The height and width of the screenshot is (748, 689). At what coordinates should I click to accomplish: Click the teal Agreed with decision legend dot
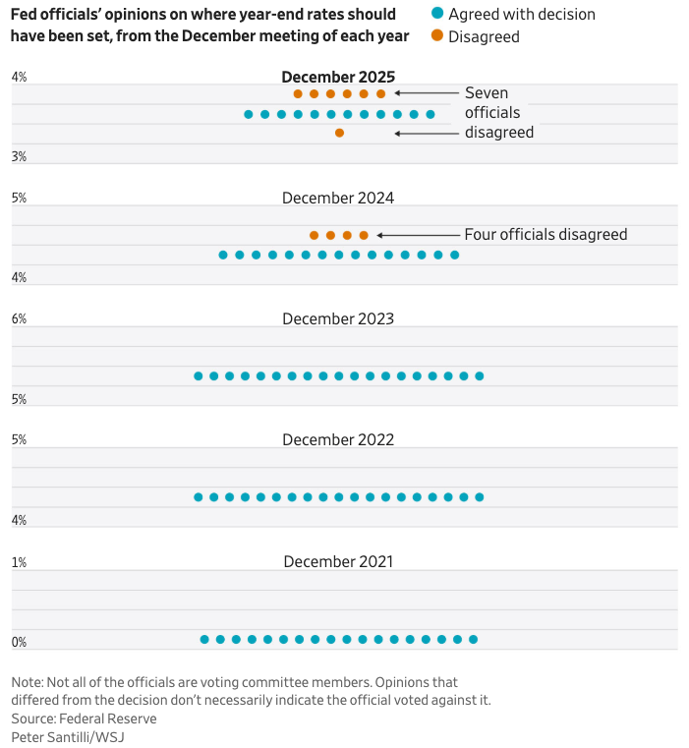[437, 14]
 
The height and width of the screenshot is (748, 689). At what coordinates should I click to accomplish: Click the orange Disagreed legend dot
[437, 36]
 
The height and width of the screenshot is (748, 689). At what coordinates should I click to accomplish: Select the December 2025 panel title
[338, 77]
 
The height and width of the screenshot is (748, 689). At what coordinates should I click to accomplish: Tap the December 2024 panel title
[338, 198]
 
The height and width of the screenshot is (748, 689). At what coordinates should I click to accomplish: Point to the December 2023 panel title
[338, 318]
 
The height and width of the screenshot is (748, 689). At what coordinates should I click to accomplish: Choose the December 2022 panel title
[338, 439]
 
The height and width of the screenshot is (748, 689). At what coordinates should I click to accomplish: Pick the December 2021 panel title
[338, 561]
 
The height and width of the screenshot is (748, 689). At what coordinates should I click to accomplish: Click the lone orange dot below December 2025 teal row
[339, 133]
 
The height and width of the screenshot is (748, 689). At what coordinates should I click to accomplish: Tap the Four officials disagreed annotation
[545, 235]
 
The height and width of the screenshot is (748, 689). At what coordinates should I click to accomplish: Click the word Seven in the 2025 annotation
[487, 93]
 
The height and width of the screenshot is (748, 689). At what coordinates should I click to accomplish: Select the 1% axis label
[19, 562]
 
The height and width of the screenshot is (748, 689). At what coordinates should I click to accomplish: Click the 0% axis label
[19, 643]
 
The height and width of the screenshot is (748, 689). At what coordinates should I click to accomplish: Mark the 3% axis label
[19, 157]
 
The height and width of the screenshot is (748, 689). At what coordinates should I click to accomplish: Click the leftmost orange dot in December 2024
[314, 235]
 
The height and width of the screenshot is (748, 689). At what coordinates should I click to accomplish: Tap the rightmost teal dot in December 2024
[454, 255]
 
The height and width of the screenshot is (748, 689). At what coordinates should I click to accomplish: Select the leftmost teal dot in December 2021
[204, 639]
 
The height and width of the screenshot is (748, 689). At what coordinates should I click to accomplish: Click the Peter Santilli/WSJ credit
[68, 736]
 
